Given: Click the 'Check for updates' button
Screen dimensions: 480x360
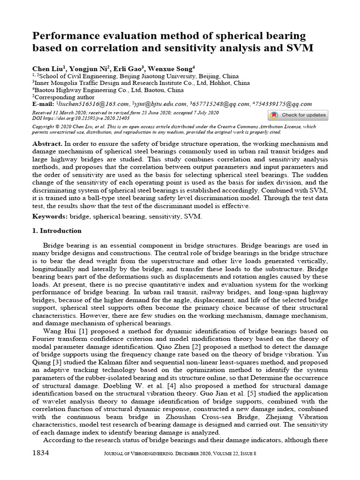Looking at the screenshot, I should click(x=298, y=115).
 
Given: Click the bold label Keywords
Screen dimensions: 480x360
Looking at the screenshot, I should click(x=50, y=217).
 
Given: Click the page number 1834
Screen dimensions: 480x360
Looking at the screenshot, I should click(x=41, y=453).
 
